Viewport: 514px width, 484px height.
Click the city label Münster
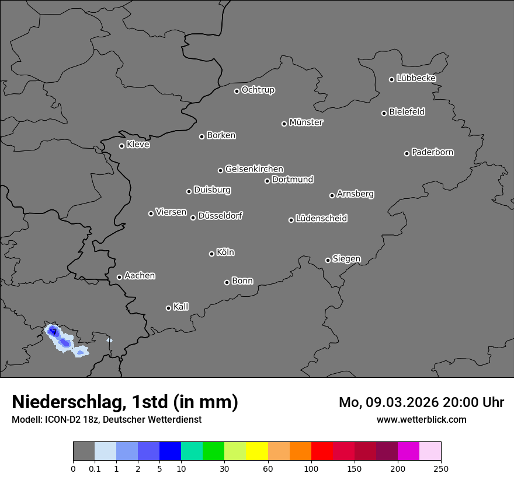point(306,122)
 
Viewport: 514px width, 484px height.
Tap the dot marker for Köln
point(211,254)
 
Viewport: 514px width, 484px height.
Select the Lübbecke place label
point(416,78)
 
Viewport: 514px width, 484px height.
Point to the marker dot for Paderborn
point(407,153)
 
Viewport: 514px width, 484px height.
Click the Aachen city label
point(140,276)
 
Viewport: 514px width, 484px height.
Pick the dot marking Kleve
point(121,146)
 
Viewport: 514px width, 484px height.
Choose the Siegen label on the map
point(346,259)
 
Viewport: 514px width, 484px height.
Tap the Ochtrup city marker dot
point(237,91)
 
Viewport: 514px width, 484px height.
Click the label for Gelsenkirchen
point(254,169)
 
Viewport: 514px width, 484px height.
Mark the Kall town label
point(181,307)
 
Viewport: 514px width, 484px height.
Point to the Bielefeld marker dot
point(384,113)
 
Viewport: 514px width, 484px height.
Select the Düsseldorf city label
point(220,216)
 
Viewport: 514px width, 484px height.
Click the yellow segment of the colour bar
point(257,451)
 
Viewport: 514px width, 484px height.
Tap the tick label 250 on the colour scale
point(441,468)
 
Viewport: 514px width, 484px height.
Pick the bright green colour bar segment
point(214,451)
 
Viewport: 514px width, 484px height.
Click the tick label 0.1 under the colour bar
point(94,468)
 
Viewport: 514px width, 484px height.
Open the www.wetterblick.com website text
point(421,419)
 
